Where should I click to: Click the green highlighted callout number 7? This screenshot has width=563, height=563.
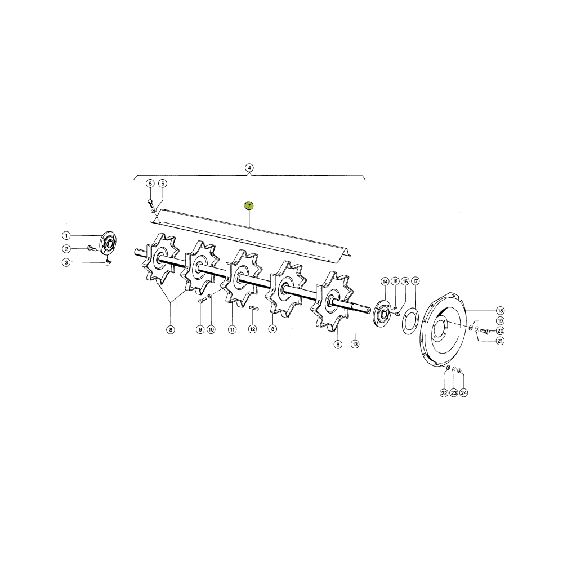click(x=249, y=205)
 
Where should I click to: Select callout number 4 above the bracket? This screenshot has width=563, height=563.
click(x=249, y=168)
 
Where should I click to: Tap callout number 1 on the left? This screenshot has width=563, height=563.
click(x=66, y=235)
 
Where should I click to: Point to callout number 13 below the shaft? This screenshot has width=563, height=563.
click(x=355, y=345)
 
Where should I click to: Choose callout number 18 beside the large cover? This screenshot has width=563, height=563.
click(x=500, y=311)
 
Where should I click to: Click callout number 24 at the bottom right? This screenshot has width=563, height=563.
click(x=464, y=393)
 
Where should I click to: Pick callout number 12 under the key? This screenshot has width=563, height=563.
click(x=253, y=329)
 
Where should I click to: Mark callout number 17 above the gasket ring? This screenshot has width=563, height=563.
click(x=415, y=281)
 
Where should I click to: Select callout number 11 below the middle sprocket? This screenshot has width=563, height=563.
click(x=233, y=329)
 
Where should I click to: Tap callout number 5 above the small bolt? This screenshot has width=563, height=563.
click(x=150, y=184)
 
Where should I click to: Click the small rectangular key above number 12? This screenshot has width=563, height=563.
click(x=254, y=308)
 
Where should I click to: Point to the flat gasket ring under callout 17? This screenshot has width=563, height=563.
click(x=410, y=321)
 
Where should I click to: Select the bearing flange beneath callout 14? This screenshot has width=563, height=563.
click(x=382, y=313)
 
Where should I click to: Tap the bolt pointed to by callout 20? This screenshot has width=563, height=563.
click(x=485, y=332)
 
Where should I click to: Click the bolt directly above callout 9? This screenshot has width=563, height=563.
click(x=201, y=301)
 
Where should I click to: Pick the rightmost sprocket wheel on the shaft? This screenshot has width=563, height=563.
click(x=333, y=301)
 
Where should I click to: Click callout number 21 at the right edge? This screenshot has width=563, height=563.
click(x=500, y=341)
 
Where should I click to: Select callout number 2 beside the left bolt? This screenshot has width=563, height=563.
click(x=66, y=249)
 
